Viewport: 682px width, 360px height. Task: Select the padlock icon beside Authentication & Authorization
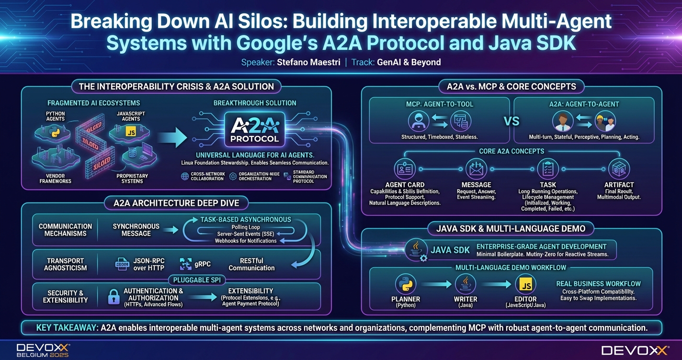tap(114, 297)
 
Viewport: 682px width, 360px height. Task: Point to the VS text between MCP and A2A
tap(511, 121)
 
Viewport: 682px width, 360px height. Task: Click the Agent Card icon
tap(405, 169)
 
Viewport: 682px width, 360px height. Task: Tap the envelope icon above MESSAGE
tap(476, 169)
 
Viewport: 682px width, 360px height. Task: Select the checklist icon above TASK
tap(548, 169)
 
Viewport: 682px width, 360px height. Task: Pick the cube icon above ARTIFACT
tap(619, 169)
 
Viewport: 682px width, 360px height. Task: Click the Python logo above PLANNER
tap(405, 285)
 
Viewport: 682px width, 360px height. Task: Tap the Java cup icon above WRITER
tap(465, 285)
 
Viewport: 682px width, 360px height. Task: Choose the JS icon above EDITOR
tap(525, 285)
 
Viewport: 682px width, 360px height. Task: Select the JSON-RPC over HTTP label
tap(148, 264)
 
